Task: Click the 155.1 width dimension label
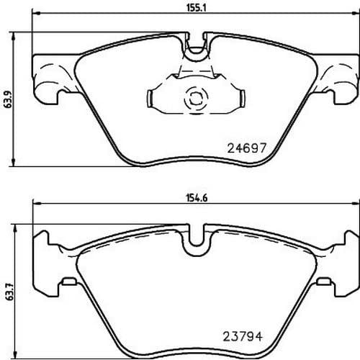[197, 8]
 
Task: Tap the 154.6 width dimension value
[197, 198]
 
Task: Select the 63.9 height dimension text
[9, 99]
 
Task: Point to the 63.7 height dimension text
[9, 291]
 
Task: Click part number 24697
[247, 148]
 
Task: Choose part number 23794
[243, 337]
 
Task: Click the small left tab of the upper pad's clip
[149, 99]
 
